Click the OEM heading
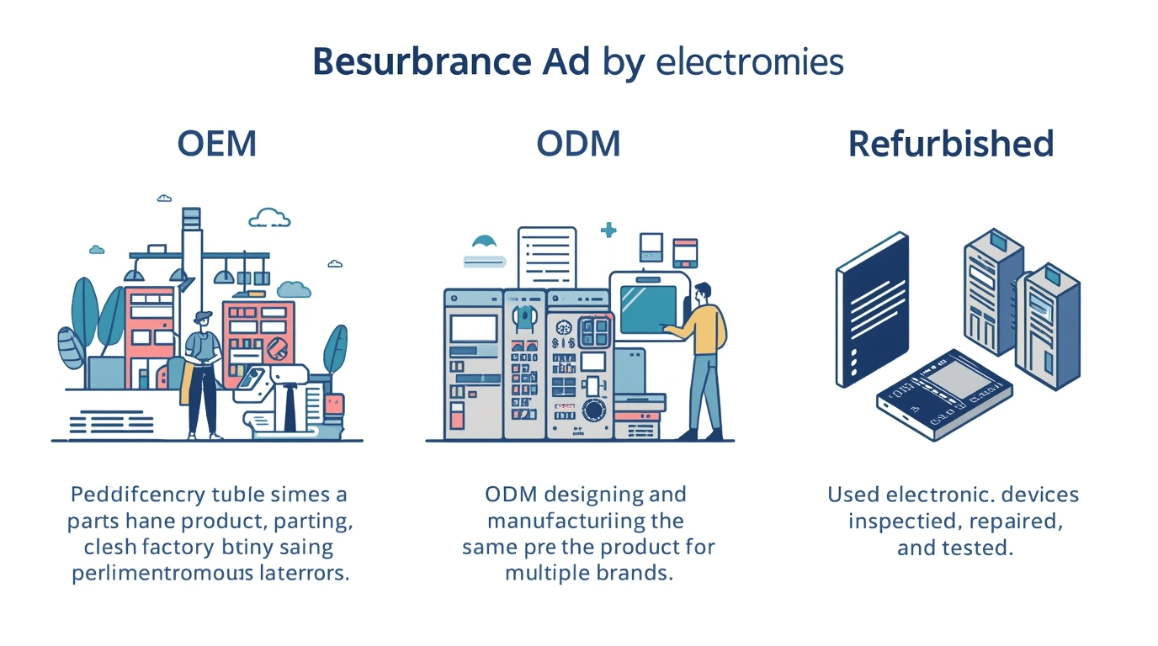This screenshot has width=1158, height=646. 216,144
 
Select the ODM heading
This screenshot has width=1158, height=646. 578,144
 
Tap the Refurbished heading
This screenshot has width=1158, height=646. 950,144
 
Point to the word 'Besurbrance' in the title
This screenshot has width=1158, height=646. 422,63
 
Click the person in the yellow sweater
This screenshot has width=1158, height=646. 703,357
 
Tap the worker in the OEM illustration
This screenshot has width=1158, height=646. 203,370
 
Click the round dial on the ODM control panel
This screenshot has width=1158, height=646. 595,410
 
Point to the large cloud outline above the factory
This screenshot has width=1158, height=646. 270,218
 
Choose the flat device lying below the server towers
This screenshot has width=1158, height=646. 944,395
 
